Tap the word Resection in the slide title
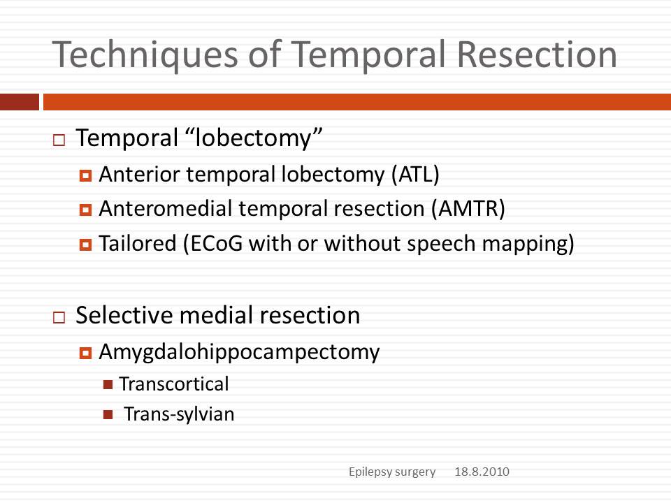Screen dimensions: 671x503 537,54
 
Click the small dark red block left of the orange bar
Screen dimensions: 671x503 20,102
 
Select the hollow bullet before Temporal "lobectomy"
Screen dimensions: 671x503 59,140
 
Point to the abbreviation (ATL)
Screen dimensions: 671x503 415,175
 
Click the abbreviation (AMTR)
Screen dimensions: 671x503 468,209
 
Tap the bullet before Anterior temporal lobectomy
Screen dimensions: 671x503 85,175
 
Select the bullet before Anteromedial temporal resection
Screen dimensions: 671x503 85,210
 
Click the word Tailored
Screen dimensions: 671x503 138,243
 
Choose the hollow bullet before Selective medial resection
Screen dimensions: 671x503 59,317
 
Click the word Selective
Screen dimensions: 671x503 124,315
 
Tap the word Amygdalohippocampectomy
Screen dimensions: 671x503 239,353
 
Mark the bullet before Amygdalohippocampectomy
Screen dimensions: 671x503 85,353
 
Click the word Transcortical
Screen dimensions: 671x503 174,384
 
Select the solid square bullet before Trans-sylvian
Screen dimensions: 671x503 108,414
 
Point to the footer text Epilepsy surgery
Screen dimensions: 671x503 392,472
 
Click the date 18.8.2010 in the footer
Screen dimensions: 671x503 482,472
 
